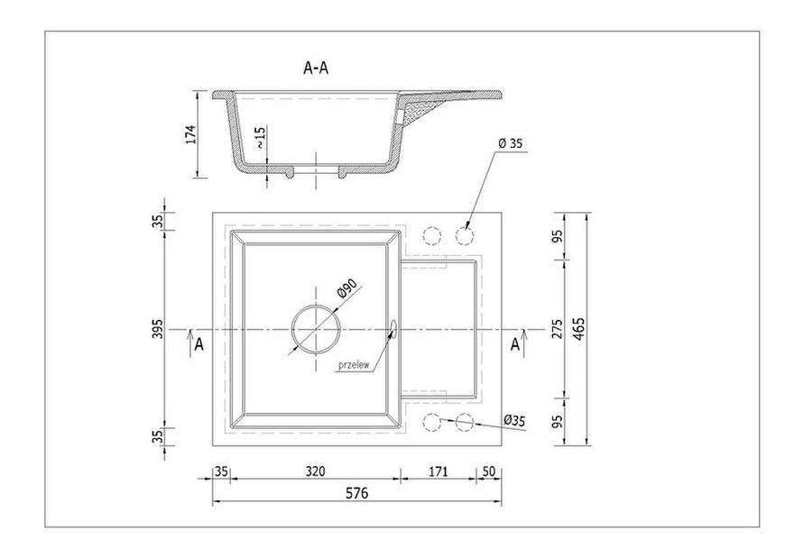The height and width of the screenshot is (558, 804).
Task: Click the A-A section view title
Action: [x=315, y=67]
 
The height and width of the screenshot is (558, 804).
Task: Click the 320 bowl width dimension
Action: [x=314, y=471]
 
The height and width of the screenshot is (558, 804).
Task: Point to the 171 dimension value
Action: [x=438, y=471]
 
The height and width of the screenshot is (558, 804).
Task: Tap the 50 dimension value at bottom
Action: [x=490, y=471]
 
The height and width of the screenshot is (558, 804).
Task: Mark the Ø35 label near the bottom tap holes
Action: [x=515, y=419]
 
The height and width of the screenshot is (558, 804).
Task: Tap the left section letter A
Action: [x=199, y=343]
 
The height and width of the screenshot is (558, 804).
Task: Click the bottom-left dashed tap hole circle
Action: [x=431, y=421]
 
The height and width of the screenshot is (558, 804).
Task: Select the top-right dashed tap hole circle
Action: [x=465, y=235]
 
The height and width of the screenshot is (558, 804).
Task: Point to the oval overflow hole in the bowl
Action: [x=393, y=331]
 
